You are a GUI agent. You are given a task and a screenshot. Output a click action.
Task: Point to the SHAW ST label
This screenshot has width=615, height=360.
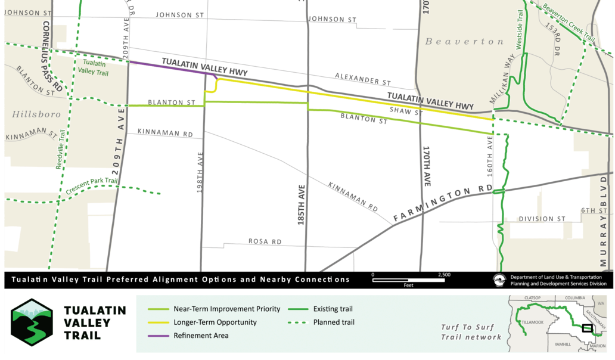pyautogui.click(x=406, y=111)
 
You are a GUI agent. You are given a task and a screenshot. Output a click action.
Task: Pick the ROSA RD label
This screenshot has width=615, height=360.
pyautogui.click(x=265, y=242)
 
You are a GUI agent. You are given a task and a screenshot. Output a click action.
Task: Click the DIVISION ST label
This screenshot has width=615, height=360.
pyautogui.click(x=541, y=219)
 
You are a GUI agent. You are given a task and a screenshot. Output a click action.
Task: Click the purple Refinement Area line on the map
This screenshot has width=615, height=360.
pyautogui.click(x=170, y=68)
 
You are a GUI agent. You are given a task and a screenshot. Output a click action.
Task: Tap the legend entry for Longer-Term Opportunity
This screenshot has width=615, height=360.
pyautogui.click(x=215, y=322)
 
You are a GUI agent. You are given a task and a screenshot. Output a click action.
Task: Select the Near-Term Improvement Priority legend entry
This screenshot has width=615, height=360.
pyautogui.click(x=226, y=309)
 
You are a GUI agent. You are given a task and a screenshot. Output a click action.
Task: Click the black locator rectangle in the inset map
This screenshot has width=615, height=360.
pyautogui.click(x=587, y=327)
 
